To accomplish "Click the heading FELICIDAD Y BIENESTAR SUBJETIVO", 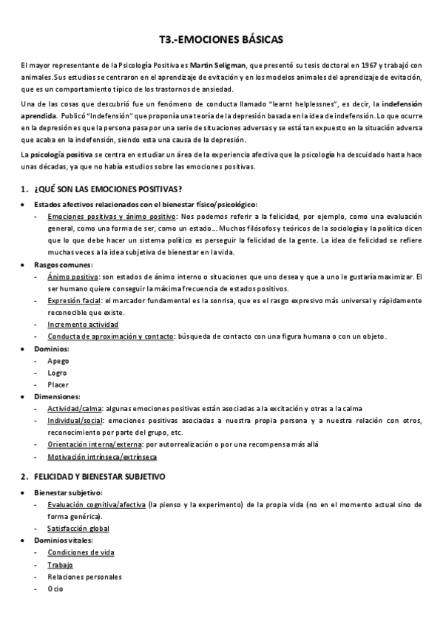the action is [100, 477].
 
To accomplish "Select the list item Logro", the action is [58, 373].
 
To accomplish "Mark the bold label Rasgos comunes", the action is [63, 265].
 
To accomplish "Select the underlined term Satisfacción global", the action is [78, 529].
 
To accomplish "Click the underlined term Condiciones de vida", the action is [81, 552].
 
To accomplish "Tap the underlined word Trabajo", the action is [60, 565].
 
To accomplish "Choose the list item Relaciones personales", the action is [84, 577].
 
